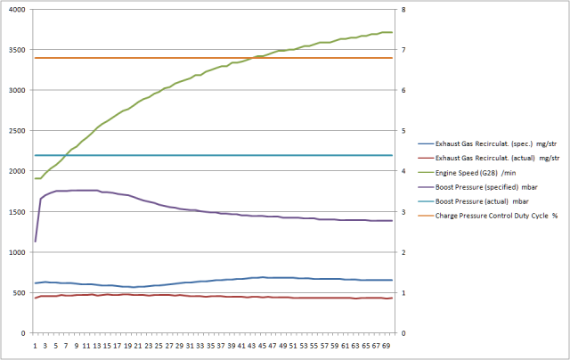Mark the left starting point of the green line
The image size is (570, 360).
point(36,179)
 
